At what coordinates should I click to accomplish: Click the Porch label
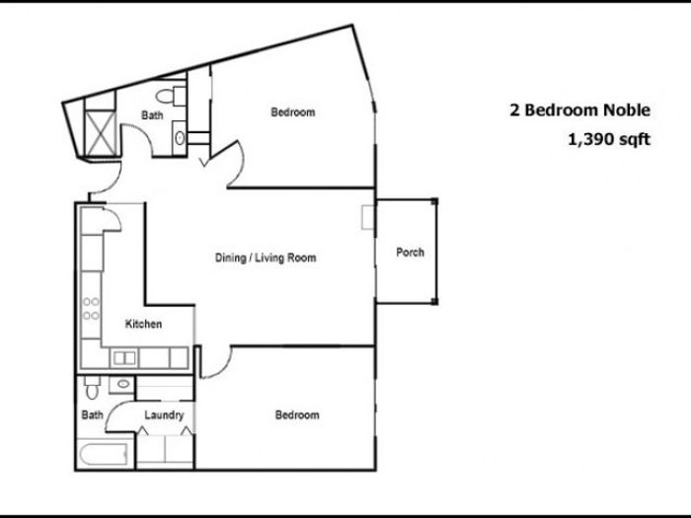tap(410, 253)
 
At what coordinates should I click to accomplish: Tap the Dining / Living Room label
tap(266, 258)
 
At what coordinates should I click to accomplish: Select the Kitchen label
tap(143, 324)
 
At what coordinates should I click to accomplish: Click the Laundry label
tap(164, 415)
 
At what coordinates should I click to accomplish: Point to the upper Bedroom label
tap(293, 111)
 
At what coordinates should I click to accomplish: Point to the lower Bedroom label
tap(297, 414)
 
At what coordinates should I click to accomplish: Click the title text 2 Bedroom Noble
tap(580, 110)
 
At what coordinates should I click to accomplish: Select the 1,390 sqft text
tap(609, 139)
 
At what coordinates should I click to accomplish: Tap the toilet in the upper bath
tap(171, 96)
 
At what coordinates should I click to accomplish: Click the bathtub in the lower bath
tap(105, 454)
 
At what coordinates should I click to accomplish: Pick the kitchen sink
tap(124, 358)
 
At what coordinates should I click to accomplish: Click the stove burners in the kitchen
tap(91, 308)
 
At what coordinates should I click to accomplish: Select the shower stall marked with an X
tap(101, 133)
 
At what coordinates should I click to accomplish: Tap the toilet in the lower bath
tap(92, 388)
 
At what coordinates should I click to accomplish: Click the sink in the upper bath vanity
tap(180, 138)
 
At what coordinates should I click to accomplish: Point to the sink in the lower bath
tap(123, 384)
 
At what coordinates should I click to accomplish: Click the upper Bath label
tap(152, 115)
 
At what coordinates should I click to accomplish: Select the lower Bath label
tap(92, 414)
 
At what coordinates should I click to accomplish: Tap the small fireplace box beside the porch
tap(367, 217)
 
